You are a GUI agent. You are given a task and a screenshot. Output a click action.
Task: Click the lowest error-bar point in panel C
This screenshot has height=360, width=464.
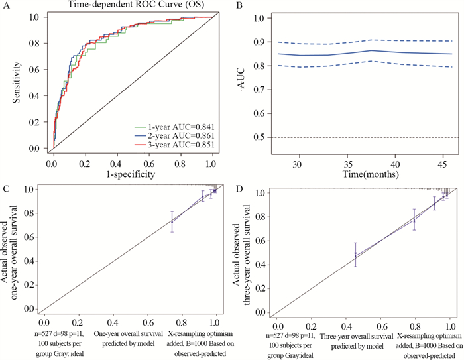(x=172, y=222)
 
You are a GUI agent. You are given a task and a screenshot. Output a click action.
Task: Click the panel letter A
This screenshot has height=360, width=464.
(x=7, y=7)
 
